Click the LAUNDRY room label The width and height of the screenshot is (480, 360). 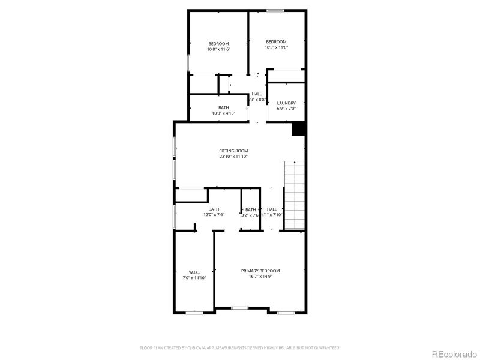pos(286,103)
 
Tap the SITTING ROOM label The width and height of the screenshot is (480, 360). pos(233,151)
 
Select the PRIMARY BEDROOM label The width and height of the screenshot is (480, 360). pos(260,271)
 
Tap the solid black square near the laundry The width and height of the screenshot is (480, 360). pos(298,129)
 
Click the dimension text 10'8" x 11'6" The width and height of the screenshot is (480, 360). pos(218,49)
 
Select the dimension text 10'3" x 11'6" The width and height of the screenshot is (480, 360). pos(276,47)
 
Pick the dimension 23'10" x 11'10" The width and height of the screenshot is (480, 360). pos(233,157)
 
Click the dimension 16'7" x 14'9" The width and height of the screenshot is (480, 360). pos(260,277)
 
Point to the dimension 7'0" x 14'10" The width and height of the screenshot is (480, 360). pos(194,278)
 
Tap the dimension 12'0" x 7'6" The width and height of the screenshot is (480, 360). pos(214,215)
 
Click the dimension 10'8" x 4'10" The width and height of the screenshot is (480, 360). pos(223,113)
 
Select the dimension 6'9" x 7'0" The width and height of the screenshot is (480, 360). pos(286,109)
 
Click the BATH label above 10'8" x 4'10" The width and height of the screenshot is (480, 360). pos(223,107)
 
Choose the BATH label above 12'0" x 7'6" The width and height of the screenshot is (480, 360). pos(214,209)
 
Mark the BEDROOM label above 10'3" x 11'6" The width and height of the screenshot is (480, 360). pos(276,41)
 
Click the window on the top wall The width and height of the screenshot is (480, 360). pos(275,10)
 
